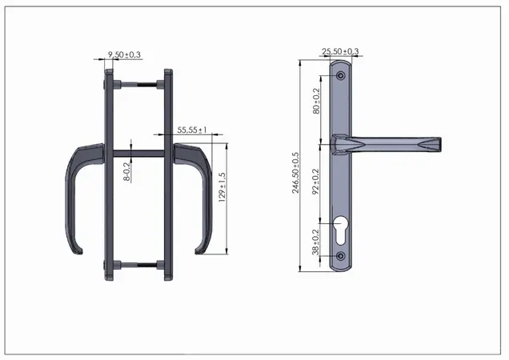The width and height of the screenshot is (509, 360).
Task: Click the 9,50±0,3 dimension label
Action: coord(124,54)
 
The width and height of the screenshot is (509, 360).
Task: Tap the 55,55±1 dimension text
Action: coord(192,130)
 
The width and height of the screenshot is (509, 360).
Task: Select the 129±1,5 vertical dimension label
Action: coord(222,187)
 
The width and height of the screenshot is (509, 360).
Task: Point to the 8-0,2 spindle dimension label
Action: coord(126,170)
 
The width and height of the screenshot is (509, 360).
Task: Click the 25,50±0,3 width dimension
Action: coord(340,51)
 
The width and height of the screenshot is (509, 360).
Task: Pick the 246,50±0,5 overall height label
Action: coord(295,173)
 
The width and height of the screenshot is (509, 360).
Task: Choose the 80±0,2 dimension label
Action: coord(316,101)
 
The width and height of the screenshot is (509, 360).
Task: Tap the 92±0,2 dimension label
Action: coord(315,182)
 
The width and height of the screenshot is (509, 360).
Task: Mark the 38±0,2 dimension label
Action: coord(315,242)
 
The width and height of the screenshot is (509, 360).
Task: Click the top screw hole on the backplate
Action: coord(340,76)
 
